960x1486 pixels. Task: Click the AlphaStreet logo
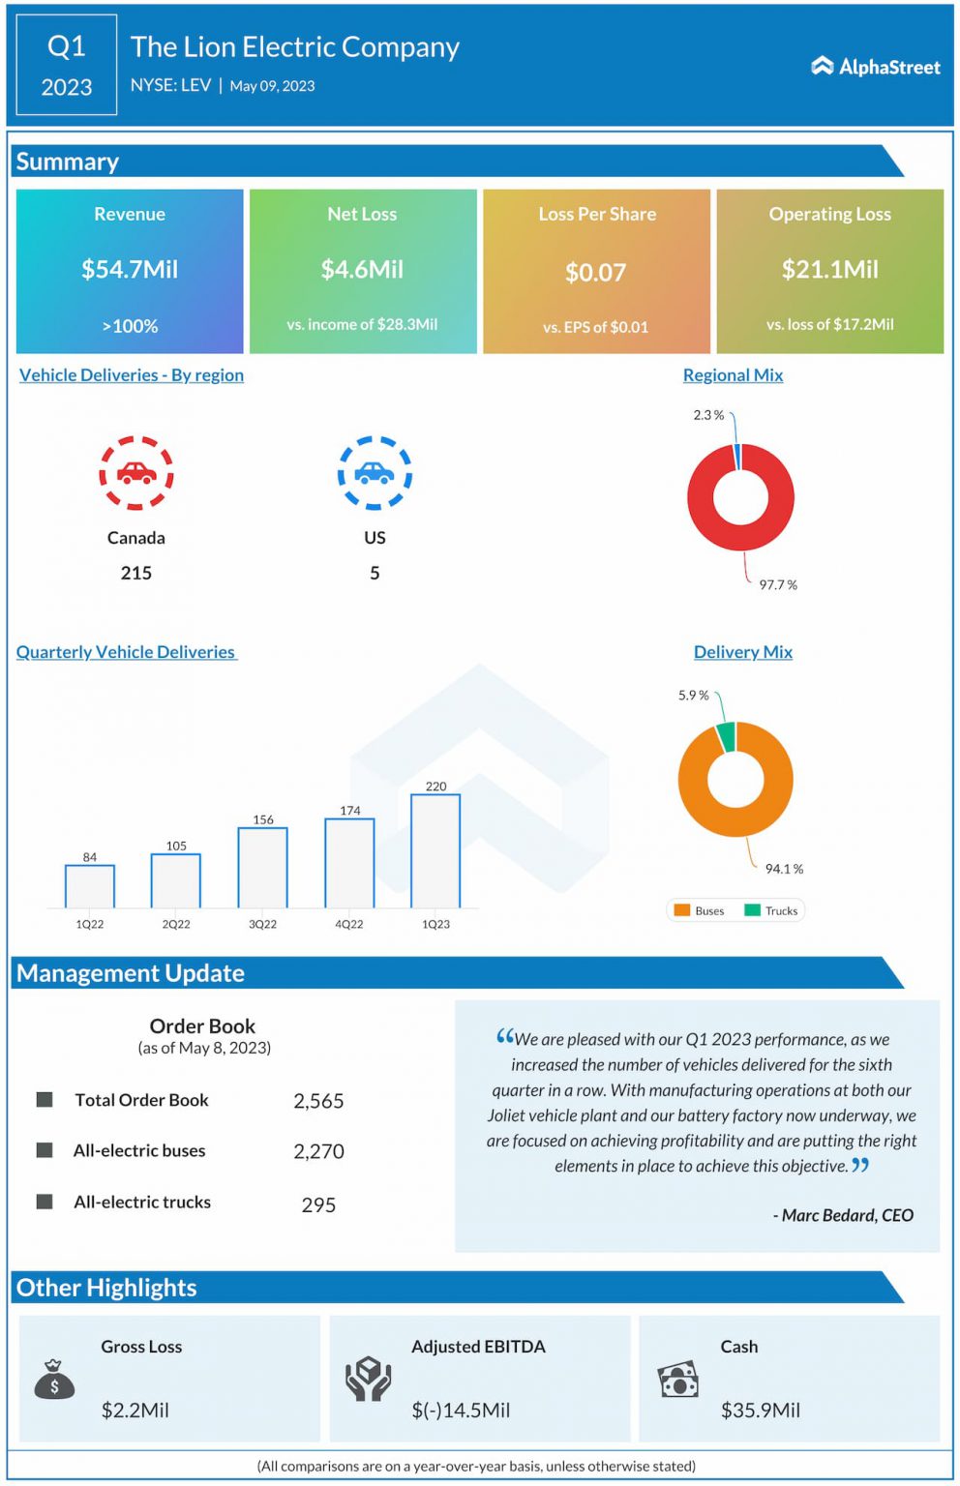875,67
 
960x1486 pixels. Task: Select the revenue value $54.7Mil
130,269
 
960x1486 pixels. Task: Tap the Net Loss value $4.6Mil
362,269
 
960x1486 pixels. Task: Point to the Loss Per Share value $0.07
595,273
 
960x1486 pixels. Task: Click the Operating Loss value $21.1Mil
829,269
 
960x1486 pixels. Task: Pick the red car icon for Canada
136,473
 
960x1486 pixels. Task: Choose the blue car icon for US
375,473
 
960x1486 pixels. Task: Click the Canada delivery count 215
136,573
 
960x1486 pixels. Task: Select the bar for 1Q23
435,851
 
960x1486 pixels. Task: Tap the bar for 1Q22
90,886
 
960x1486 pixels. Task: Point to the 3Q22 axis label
262,924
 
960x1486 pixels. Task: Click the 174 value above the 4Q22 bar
349,811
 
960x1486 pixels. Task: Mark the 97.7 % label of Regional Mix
778,585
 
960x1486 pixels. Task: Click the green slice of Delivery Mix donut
726,736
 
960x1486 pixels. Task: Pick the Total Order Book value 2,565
318,1101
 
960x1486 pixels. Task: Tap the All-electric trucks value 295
318,1204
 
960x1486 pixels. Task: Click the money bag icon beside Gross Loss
54,1380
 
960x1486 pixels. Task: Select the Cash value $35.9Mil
760,1411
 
